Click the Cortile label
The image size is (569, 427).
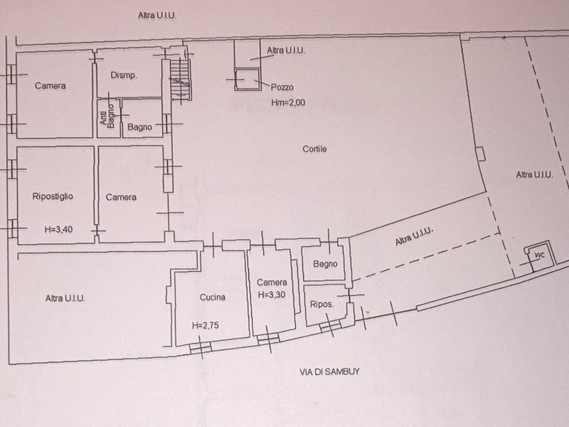pyautogui.click(x=314, y=149)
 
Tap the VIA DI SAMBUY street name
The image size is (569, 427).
pyautogui.click(x=329, y=371)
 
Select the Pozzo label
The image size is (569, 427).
pyautogui.click(x=282, y=87)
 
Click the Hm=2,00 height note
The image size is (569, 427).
pyautogui.click(x=288, y=102)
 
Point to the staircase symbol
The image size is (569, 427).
pyautogui.click(x=181, y=80)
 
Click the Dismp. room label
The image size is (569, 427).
pyautogui.click(x=124, y=75)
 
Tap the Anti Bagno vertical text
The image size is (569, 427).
pyautogui.click(x=107, y=116)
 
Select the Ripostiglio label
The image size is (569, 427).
pyautogui.click(x=53, y=196)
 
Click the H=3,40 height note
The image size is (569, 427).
pyautogui.click(x=58, y=229)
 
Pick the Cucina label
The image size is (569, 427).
pyautogui.click(x=213, y=297)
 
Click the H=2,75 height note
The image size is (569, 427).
pyautogui.click(x=206, y=325)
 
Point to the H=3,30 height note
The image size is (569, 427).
pyautogui.click(x=272, y=295)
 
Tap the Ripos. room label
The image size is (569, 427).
pyautogui.click(x=322, y=304)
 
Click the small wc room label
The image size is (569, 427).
pyautogui.click(x=540, y=255)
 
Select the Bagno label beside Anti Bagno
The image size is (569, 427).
pyautogui.click(x=139, y=127)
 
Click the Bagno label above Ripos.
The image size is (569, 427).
pyautogui.click(x=325, y=264)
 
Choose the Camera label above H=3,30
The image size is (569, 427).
pyautogui.click(x=272, y=282)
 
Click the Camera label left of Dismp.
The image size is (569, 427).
pyautogui.click(x=50, y=85)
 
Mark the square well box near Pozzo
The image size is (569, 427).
pyautogui.click(x=248, y=79)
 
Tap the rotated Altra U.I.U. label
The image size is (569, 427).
pyautogui.click(x=414, y=236)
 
